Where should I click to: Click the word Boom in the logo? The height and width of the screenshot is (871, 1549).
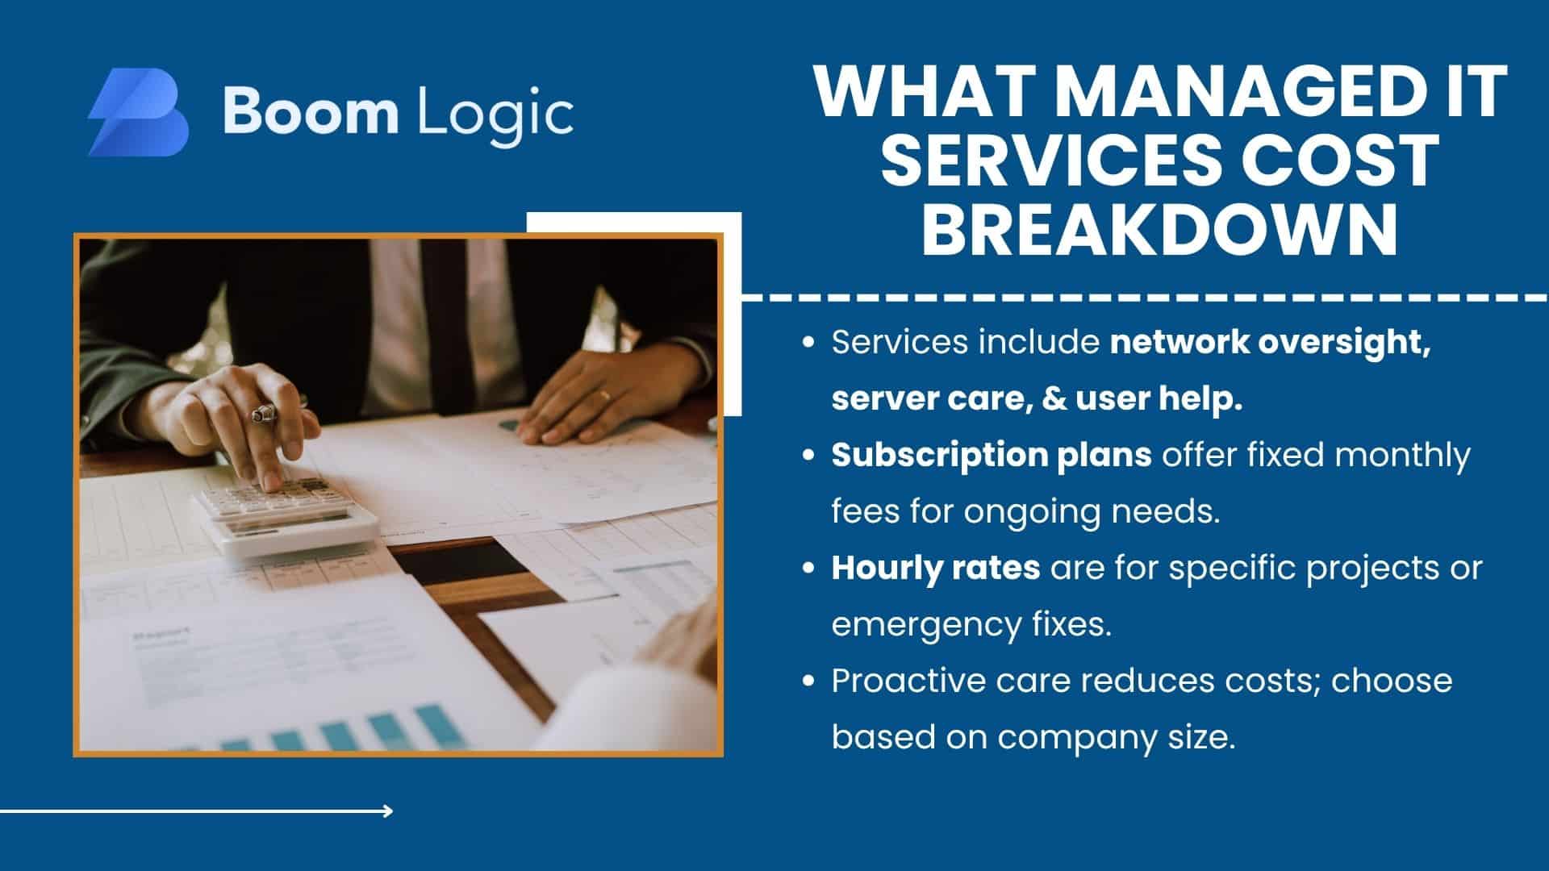(x=311, y=111)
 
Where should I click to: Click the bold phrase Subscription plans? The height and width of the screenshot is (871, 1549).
(x=992, y=456)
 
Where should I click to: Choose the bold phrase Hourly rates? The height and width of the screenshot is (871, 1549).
(x=936, y=569)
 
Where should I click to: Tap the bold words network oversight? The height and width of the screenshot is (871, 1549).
(x=1271, y=344)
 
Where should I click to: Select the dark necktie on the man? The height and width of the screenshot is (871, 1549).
(x=448, y=323)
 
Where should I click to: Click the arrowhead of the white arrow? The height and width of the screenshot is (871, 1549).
(x=389, y=811)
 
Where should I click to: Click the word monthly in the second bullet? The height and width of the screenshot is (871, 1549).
(x=1402, y=456)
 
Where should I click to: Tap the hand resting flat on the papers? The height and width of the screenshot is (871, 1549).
(x=589, y=394)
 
